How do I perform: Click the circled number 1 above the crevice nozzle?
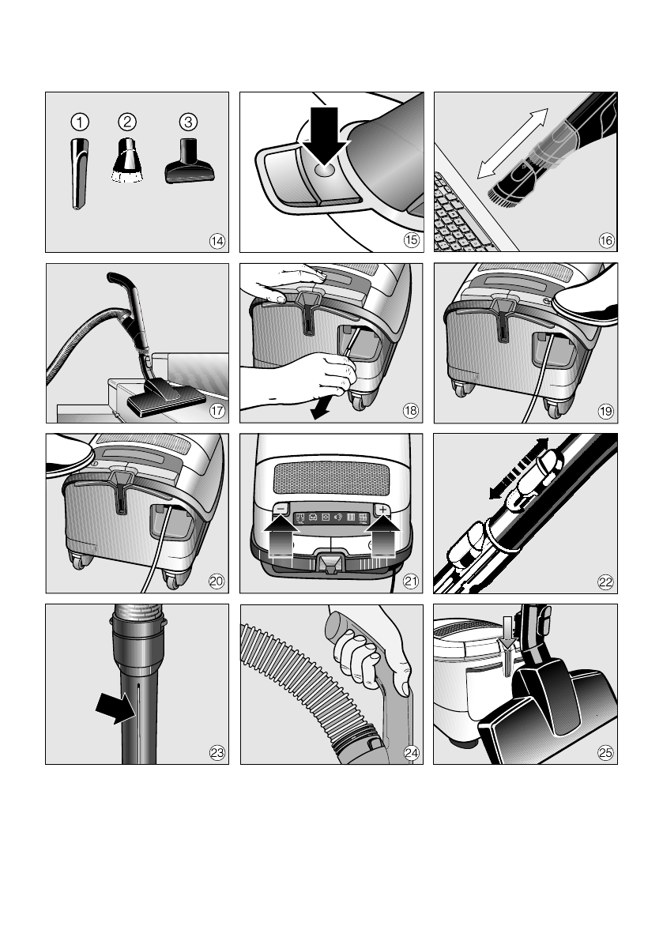pos(80,122)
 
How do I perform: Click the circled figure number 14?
pos(217,241)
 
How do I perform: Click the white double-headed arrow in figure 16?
pos(513,144)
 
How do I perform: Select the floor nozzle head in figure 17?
pos(166,398)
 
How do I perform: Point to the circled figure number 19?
pos(605,411)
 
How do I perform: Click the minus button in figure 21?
pos(281,509)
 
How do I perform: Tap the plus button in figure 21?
pos(382,509)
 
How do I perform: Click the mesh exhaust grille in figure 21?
pos(331,478)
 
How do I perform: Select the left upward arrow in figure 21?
pos(281,536)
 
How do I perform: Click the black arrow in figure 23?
pos(116,708)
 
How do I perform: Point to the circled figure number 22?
pos(605,582)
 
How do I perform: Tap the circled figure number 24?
pos(411,752)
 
